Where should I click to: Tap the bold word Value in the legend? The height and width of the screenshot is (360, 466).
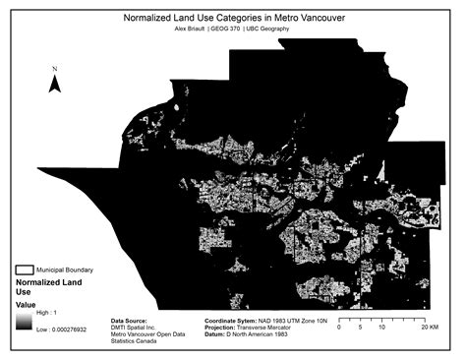(x=26, y=305)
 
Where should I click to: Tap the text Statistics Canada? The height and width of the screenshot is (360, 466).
(x=140, y=344)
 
